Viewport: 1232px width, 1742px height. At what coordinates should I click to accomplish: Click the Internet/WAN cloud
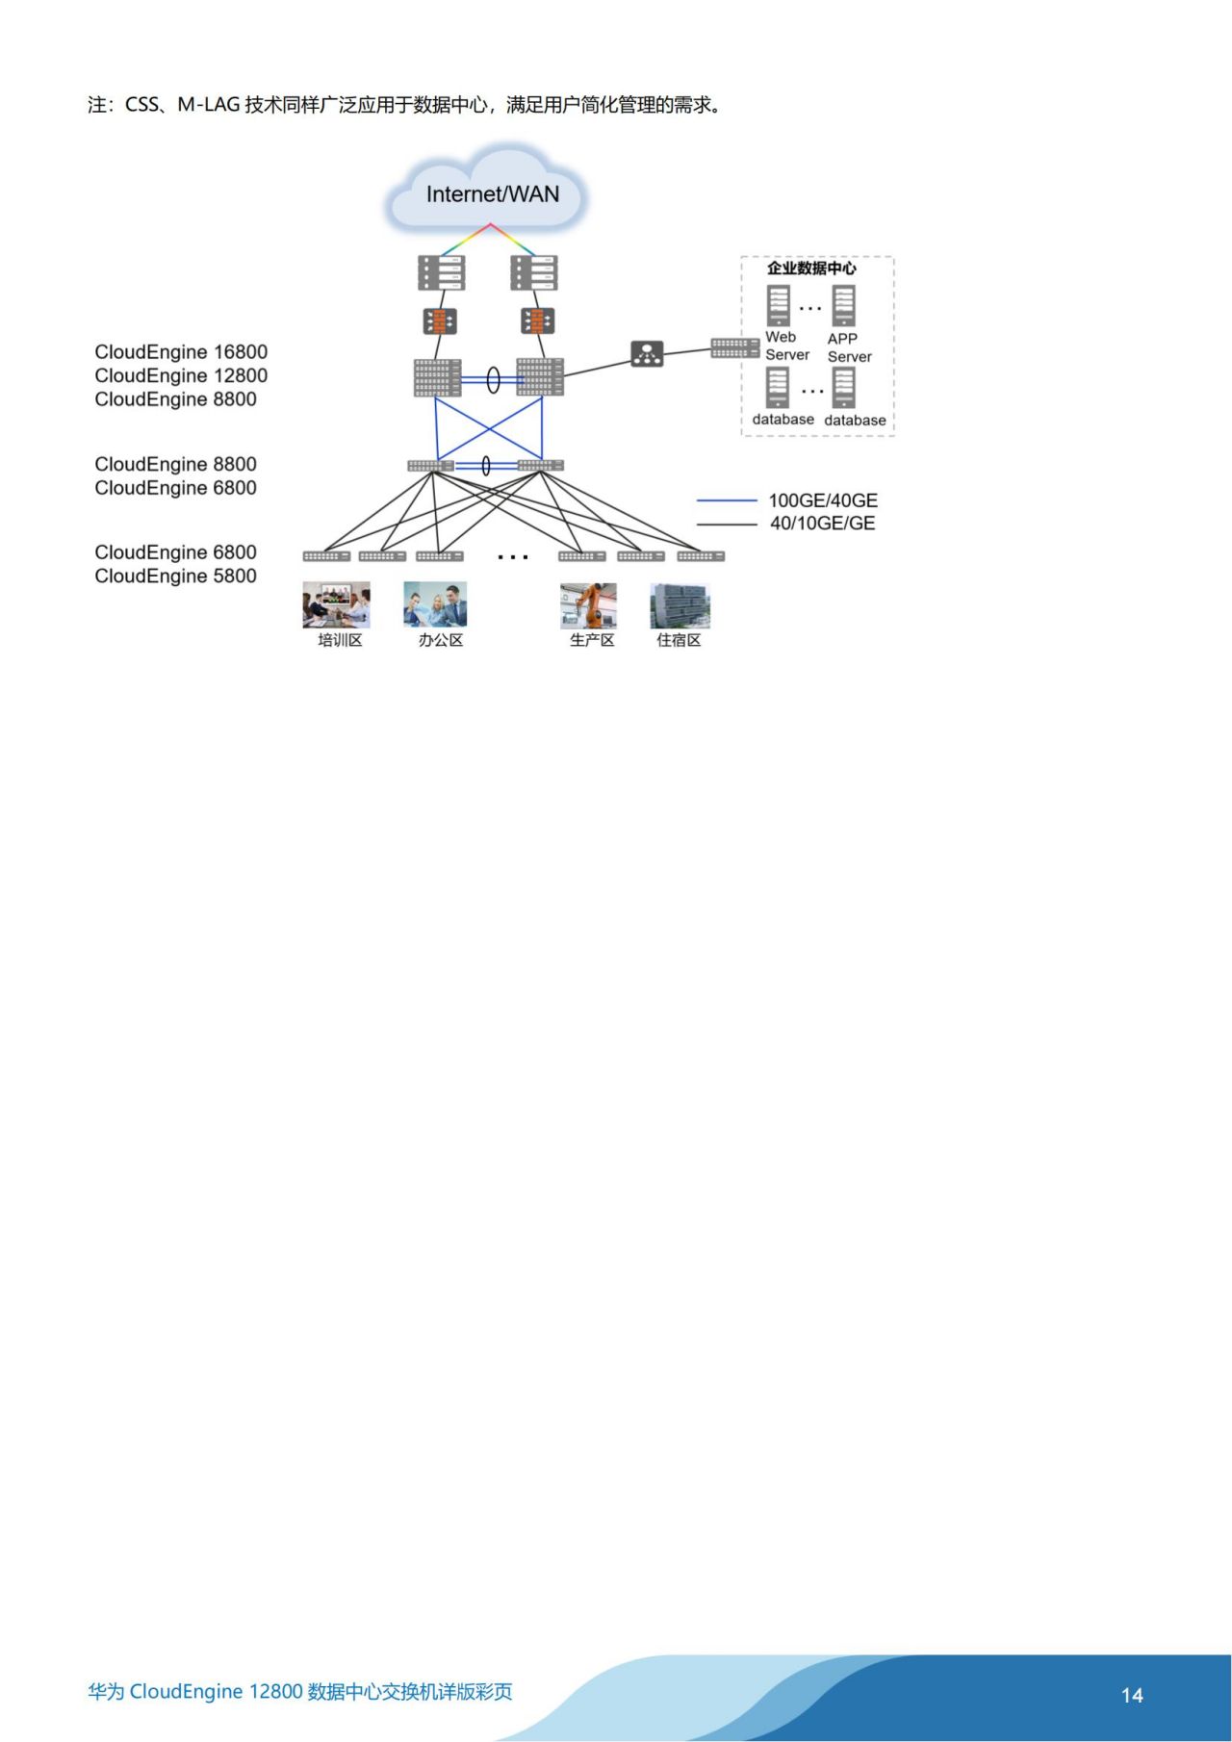click(x=489, y=193)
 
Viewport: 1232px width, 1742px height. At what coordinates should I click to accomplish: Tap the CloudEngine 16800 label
click(x=181, y=352)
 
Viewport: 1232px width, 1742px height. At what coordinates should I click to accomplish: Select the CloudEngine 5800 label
click(x=175, y=576)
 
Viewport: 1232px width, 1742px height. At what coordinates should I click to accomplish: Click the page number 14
click(x=1132, y=1695)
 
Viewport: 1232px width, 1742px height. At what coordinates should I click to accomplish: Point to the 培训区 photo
click(x=336, y=604)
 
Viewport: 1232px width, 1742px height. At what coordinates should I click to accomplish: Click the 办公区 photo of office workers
click(x=435, y=604)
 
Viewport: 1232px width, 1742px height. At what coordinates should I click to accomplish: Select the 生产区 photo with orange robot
click(x=588, y=604)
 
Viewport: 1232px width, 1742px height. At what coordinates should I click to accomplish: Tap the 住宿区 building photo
click(x=680, y=605)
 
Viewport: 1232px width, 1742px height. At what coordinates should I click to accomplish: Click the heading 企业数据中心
click(x=810, y=269)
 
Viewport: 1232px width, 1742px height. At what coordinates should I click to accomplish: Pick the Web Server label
click(x=786, y=346)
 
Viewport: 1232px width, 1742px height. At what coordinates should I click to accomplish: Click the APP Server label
click(x=849, y=347)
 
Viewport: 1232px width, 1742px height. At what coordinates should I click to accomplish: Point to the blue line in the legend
click(x=727, y=500)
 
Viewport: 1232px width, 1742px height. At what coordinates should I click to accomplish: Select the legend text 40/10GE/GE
click(x=822, y=524)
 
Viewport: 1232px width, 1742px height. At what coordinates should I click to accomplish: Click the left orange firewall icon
click(x=440, y=321)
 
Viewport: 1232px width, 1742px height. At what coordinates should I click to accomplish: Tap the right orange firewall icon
click(x=537, y=320)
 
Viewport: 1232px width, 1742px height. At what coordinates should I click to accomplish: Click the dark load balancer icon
click(x=647, y=354)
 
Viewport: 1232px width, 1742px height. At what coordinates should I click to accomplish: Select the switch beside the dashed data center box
click(x=734, y=347)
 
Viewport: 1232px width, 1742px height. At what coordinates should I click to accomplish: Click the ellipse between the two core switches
click(x=493, y=380)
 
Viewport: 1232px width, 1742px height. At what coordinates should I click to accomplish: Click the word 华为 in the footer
click(x=106, y=1692)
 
